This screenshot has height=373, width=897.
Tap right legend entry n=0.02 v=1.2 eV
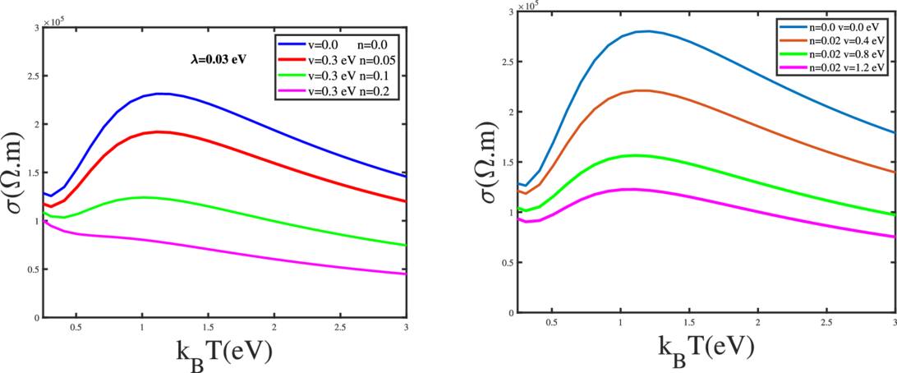pos(836,68)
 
